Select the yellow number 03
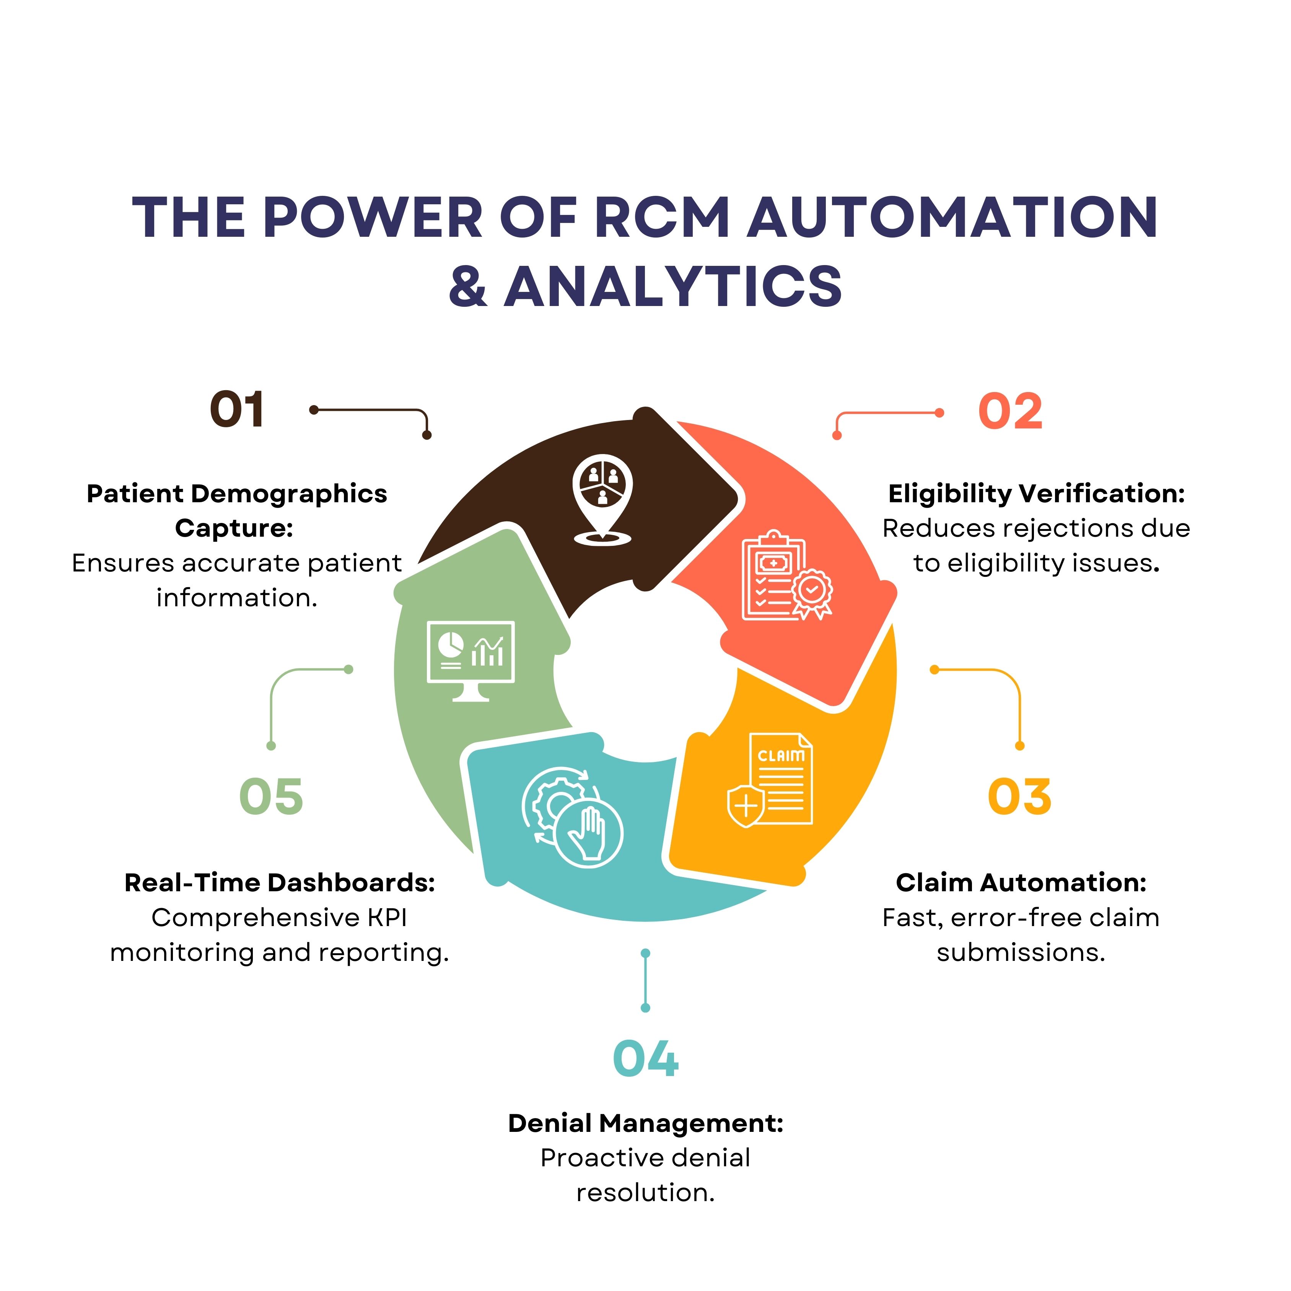tap(1019, 796)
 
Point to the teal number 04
tap(646, 1058)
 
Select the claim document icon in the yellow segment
tap(772, 780)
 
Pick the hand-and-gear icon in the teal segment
tap(571, 817)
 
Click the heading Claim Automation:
tap(1021, 883)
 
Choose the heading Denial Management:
tap(646, 1123)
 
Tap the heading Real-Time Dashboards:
tap(279, 883)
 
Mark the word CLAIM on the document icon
tap(780, 756)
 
